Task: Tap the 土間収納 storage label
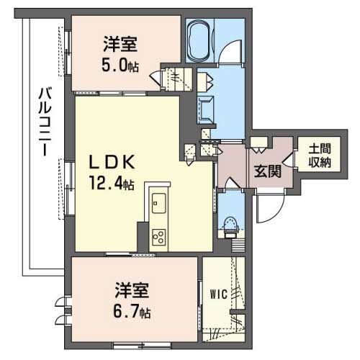click(x=320, y=156)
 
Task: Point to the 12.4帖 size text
click(x=111, y=184)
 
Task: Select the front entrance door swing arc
click(x=266, y=208)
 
